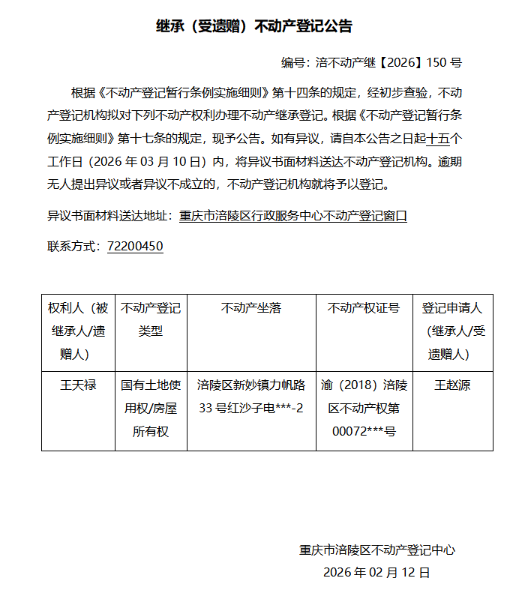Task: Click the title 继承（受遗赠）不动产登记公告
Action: click(254, 26)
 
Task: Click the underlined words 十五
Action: click(437, 138)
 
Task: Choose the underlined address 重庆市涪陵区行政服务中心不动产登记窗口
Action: click(293, 216)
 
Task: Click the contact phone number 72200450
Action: click(135, 246)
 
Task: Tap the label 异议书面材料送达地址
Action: click(109, 216)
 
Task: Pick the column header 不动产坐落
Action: click(251, 308)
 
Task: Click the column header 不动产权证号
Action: click(364, 308)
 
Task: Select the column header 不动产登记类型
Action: click(151, 319)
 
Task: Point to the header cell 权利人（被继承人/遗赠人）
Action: click(78, 331)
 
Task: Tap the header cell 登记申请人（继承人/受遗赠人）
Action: click(452, 331)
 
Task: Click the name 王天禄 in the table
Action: click(78, 385)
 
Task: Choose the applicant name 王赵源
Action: click(452, 385)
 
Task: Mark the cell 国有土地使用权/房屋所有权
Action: click(151, 409)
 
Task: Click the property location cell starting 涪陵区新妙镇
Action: click(251, 397)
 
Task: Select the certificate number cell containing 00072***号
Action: click(364, 409)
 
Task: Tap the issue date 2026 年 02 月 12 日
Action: click(376, 572)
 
